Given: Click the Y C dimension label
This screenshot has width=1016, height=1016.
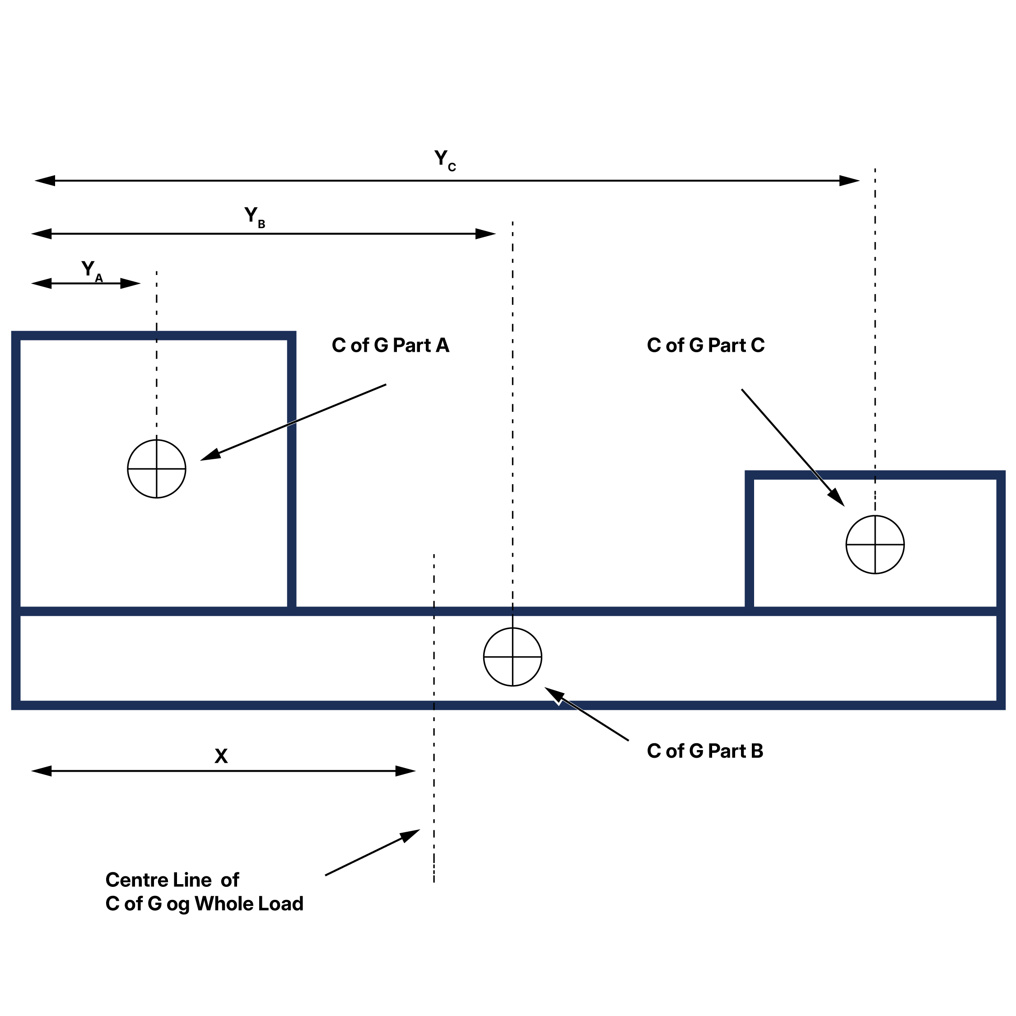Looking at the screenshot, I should click(444, 159).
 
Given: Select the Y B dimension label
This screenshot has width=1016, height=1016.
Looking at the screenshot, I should click(254, 216).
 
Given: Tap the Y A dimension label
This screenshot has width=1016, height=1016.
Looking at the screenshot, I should click(91, 270).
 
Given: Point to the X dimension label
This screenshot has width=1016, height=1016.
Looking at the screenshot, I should click(221, 756).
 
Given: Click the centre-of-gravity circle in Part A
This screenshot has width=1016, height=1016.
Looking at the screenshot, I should click(157, 469).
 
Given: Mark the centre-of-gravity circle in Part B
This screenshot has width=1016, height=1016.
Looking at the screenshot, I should click(512, 657).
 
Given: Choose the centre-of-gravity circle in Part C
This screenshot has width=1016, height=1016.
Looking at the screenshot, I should click(875, 545).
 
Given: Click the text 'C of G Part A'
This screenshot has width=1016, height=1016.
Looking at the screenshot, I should click(390, 345).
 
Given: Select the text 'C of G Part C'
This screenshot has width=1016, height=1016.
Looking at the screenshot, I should click(705, 345).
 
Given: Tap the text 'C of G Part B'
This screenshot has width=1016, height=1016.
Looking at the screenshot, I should click(705, 751).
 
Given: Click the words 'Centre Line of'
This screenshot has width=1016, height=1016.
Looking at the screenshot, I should click(172, 880).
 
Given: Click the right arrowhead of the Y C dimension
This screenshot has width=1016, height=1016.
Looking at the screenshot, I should click(849, 181).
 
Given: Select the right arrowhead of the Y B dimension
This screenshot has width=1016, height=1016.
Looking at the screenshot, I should click(485, 234).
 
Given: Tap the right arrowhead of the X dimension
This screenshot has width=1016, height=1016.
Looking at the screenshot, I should click(405, 771).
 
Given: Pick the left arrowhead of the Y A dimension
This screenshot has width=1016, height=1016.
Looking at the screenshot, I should click(42, 284).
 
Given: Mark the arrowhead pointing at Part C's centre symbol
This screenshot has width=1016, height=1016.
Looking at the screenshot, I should click(836, 497).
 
